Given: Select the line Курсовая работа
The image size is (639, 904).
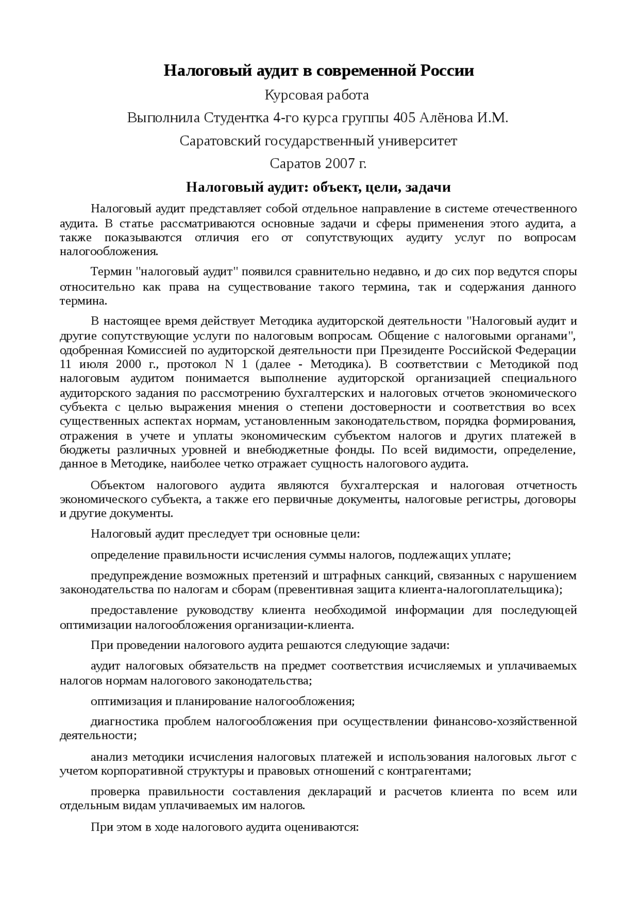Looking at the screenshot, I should pyautogui.click(x=317, y=95).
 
